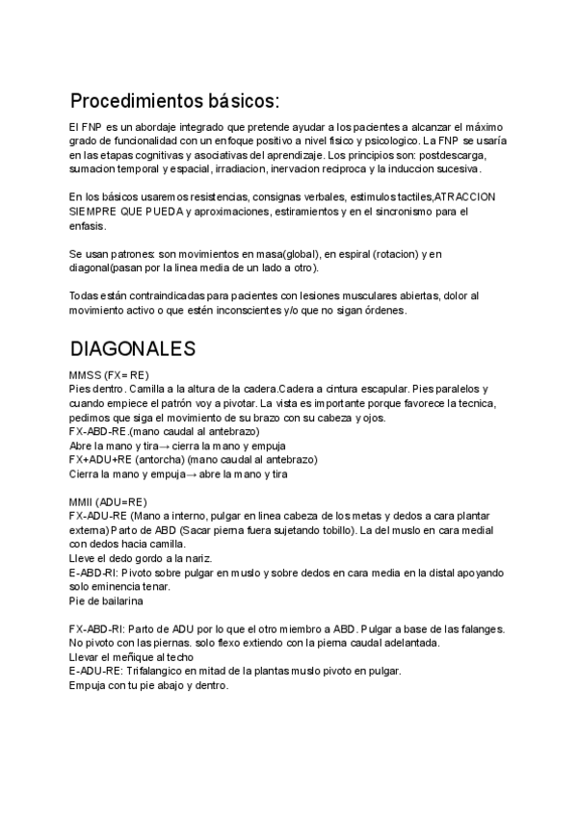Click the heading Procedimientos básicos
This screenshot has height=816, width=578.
[175, 101]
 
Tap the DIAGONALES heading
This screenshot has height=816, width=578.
[133, 348]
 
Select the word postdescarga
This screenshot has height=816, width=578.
[456, 155]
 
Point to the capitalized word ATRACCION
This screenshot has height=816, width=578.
[465, 196]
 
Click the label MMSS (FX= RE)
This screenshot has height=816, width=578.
[108, 374]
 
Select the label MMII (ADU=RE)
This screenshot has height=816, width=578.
[108, 501]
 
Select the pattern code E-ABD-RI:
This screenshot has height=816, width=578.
[94, 572]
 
